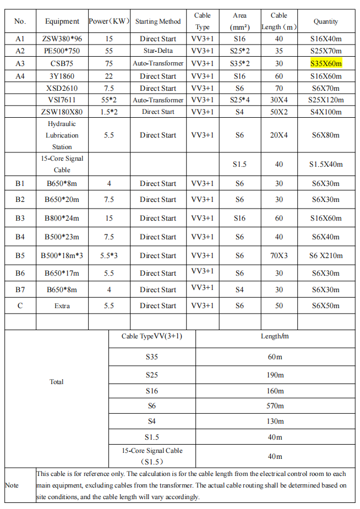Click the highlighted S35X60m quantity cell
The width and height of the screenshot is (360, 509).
click(326, 63)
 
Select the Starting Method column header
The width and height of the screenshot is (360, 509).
click(158, 21)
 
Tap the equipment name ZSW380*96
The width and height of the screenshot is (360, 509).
click(62, 39)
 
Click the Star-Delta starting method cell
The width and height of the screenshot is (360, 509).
click(158, 51)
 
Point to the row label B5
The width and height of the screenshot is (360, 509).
click(20, 255)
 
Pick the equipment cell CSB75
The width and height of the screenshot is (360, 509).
click(62, 63)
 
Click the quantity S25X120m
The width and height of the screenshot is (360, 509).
click(326, 100)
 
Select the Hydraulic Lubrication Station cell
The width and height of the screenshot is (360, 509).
click(62, 135)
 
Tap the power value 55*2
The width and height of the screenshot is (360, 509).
click(109, 100)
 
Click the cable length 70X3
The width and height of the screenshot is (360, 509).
click(279, 255)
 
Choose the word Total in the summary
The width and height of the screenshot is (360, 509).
click(57, 382)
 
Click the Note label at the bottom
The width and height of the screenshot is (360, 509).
click(12, 485)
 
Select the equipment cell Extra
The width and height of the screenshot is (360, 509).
click(62, 305)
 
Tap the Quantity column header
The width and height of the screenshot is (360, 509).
click(326, 21)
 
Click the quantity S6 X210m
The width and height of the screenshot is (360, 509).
click(326, 255)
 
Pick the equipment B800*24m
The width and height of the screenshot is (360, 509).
click(62, 218)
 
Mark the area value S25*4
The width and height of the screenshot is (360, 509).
click(239, 100)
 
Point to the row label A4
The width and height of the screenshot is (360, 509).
click(20, 76)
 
